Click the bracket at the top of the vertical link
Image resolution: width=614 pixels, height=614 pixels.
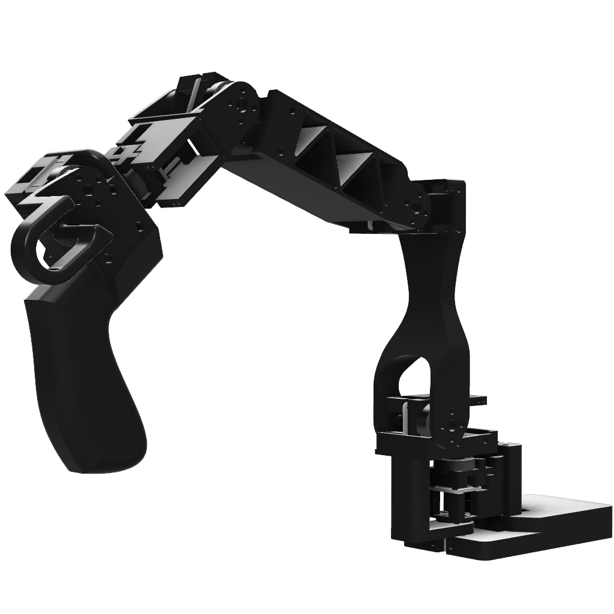(x=447, y=204)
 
